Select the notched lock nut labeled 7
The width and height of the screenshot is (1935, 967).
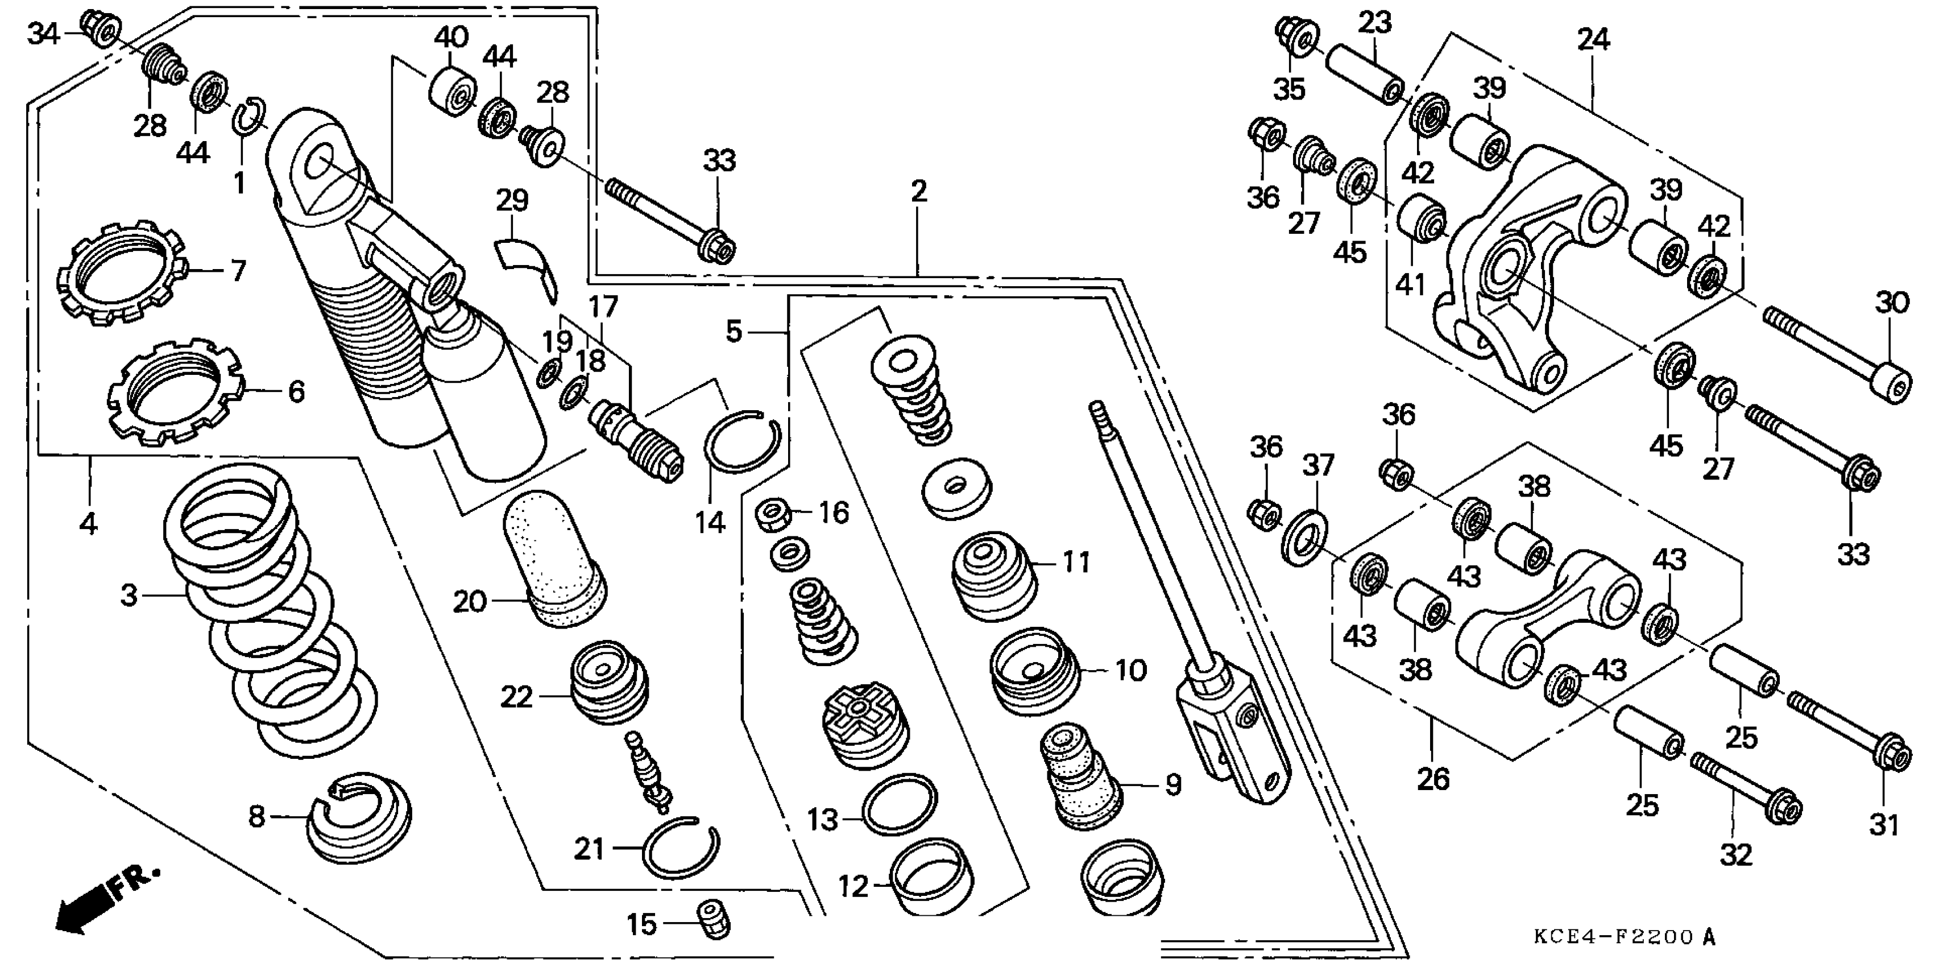coord(122,274)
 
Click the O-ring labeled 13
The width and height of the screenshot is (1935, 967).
coord(899,804)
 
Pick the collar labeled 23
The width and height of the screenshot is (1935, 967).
coord(1364,76)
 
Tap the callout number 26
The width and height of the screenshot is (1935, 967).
coord(1432,779)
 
